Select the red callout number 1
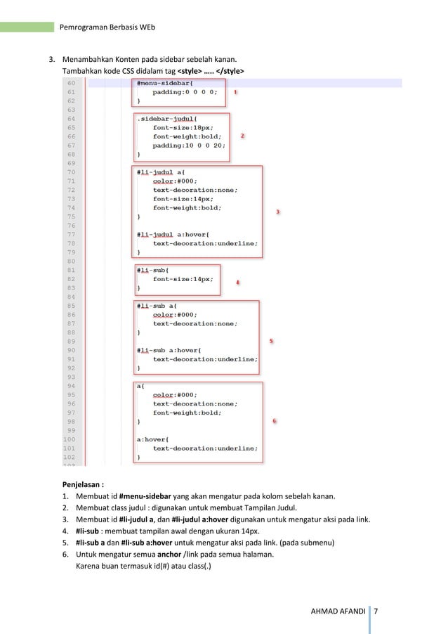[x=235, y=92]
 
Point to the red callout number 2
[x=242, y=136]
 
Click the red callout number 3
[x=277, y=212]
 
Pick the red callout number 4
[x=237, y=283]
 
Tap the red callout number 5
[x=271, y=341]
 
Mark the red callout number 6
[x=274, y=421]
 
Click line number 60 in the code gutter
[x=72, y=82]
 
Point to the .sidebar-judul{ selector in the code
[x=169, y=118]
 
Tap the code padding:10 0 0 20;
[x=189, y=145]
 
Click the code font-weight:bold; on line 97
[x=187, y=413]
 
